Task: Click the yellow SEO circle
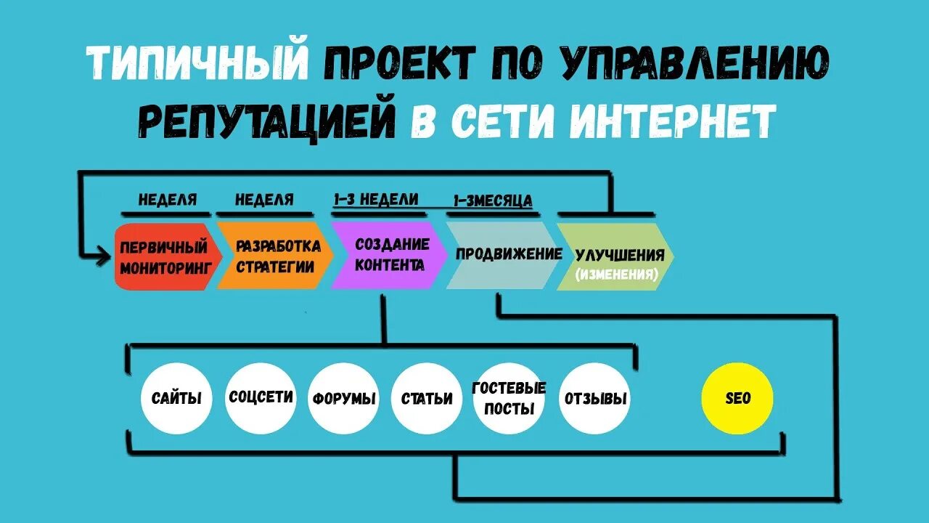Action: point(737,398)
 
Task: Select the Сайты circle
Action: point(176,398)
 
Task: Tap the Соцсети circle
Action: point(261,398)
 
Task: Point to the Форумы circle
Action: point(344,398)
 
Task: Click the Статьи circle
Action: point(427,398)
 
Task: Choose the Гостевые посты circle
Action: point(509,398)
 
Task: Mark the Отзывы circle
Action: point(594,398)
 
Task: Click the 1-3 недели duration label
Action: point(376,199)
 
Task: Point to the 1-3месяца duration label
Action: point(493,200)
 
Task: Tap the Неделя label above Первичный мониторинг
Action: point(168,200)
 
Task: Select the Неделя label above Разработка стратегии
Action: point(264,200)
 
